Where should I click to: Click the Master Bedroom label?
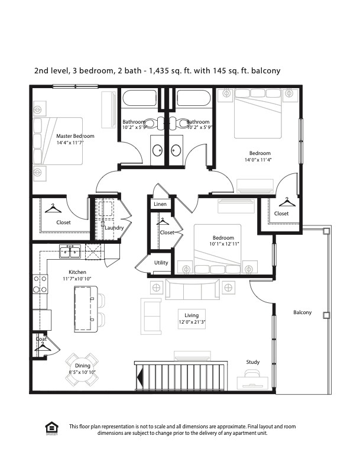(x=75, y=136)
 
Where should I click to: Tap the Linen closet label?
(x=160, y=204)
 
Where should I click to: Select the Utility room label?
(x=161, y=263)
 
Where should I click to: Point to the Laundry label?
(x=114, y=228)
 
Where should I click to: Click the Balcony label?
(x=303, y=312)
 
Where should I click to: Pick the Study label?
(x=252, y=362)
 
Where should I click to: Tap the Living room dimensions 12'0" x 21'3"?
(x=192, y=322)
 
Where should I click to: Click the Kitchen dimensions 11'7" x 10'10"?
(x=77, y=279)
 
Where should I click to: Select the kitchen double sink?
(x=70, y=251)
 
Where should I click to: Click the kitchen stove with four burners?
(x=40, y=284)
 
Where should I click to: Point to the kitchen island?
(x=86, y=309)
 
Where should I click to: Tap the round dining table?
(x=82, y=369)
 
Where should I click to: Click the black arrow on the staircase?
(x=140, y=377)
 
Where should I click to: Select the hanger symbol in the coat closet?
(x=43, y=347)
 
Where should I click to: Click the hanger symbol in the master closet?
(x=53, y=208)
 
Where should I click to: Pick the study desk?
(x=252, y=383)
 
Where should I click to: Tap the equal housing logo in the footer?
(x=51, y=428)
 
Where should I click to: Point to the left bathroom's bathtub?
(x=140, y=98)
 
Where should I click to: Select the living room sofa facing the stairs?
(x=192, y=289)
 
